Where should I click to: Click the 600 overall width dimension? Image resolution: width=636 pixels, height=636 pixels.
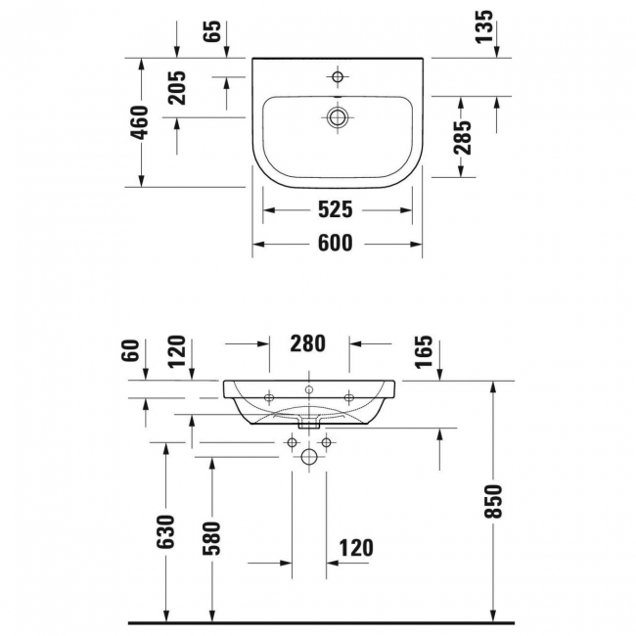pyautogui.click(x=335, y=244)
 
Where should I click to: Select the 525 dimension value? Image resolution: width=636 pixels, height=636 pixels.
pyautogui.click(x=335, y=209)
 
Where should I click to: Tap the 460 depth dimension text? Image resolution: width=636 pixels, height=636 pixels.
pyautogui.click(x=141, y=121)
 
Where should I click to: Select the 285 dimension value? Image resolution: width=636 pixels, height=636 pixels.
pyautogui.click(x=463, y=137)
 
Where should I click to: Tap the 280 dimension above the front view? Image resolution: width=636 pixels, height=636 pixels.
pyautogui.click(x=307, y=343)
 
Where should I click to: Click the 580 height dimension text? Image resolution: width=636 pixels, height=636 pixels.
pyautogui.click(x=213, y=537)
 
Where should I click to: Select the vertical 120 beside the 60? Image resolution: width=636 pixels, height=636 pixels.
pyautogui.click(x=177, y=350)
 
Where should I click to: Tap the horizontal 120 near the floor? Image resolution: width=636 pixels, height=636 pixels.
pyautogui.click(x=356, y=547)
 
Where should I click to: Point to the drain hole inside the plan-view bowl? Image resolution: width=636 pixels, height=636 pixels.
pyautogui.click(x=338, y=117)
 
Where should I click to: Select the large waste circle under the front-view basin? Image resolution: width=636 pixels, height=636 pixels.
pyautogui.click(x=308, y=457)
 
